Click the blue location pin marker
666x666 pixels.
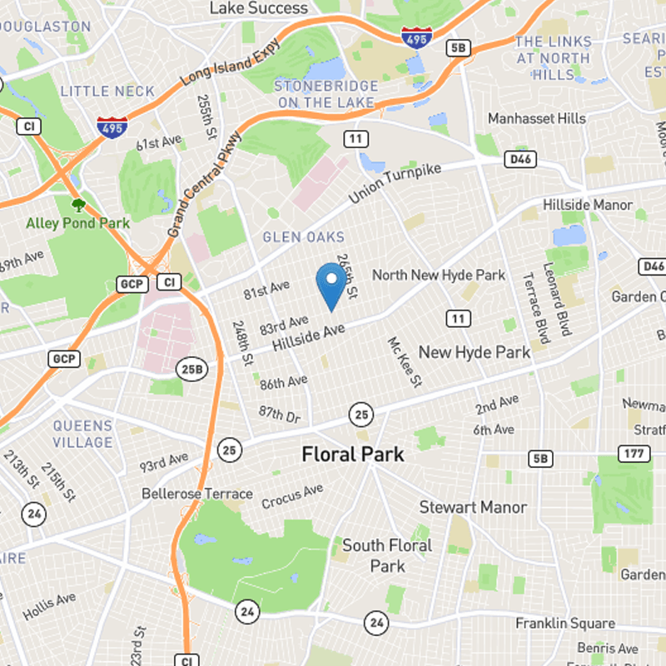click(331, 284)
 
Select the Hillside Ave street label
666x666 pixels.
click(308, 335)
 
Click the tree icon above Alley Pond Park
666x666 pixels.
click(78, 204)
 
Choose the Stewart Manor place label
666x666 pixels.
click(472, 507)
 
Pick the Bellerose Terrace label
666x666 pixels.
click(196, 494)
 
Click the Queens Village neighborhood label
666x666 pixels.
click(82, 434)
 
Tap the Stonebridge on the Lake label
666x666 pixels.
click(326, 94)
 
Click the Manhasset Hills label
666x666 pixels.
click(536, 119)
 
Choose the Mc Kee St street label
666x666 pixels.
click(405, 361)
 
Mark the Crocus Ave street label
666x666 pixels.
click(292, 498)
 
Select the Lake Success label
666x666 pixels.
click(258, 8)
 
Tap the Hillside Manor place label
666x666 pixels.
click(588, 205)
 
